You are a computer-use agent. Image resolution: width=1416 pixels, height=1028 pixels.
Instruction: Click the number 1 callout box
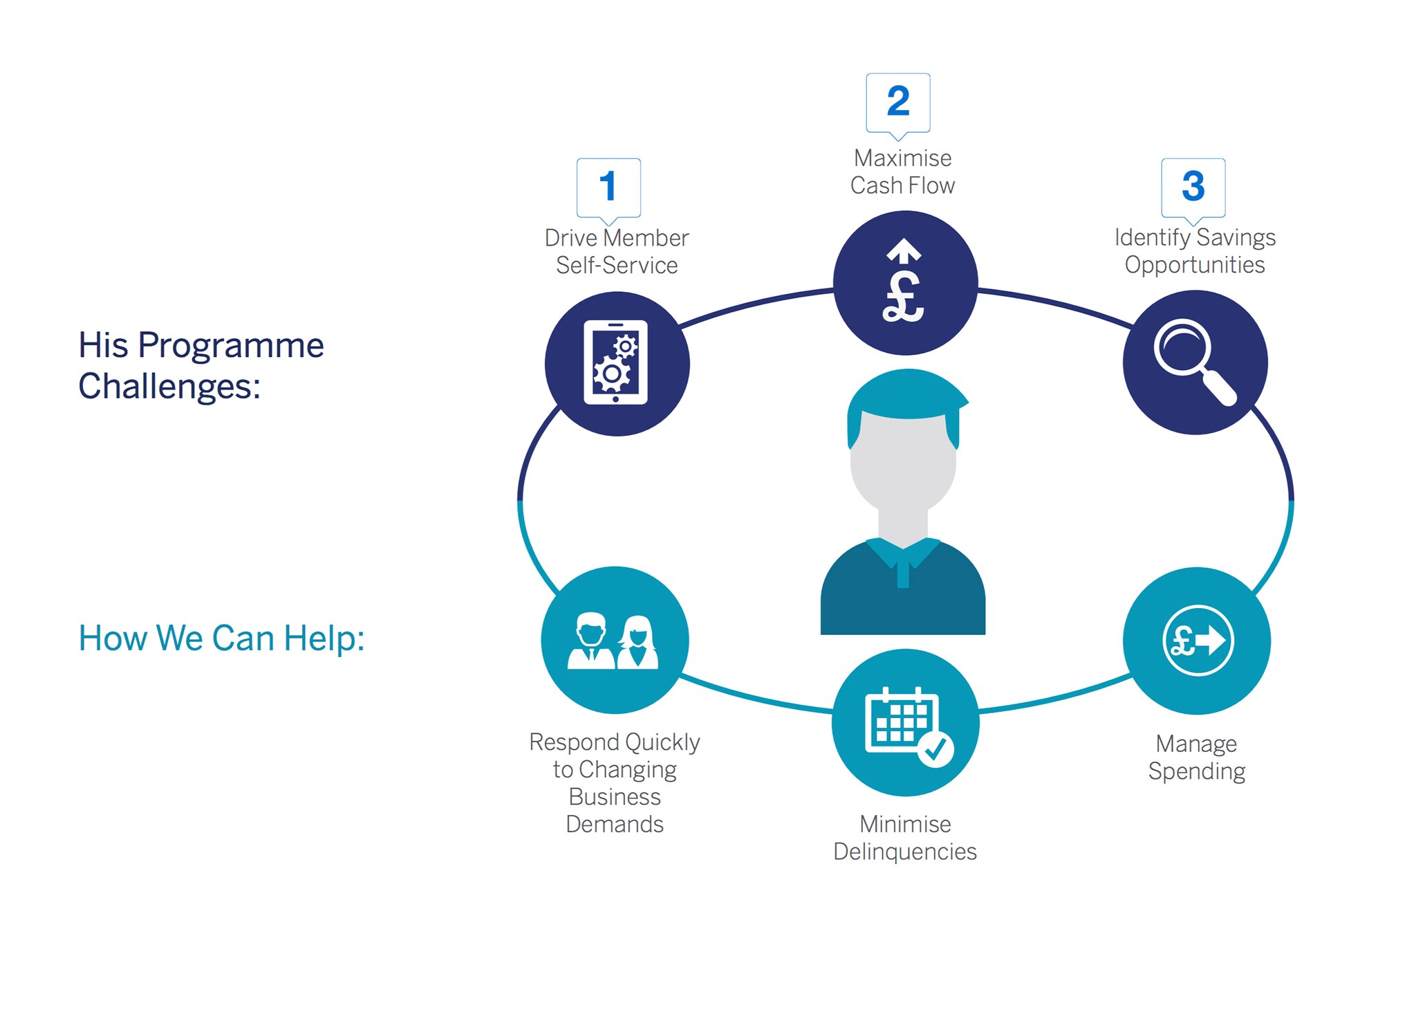[608, 187]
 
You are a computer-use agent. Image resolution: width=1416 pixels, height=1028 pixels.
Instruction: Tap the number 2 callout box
[897, 102]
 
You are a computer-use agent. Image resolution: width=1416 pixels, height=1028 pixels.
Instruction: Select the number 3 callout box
[1193, 187]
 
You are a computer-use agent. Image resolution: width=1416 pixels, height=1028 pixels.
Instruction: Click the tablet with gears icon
[616, 362]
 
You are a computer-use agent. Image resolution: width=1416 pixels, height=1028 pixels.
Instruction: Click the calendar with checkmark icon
[905, 723]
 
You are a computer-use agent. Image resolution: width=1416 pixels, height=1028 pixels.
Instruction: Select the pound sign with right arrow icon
[1197, 640]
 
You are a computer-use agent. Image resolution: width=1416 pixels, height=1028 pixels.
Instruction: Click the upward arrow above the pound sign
[904, 250]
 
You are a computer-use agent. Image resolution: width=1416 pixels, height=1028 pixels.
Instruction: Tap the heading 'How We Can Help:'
[221, 638]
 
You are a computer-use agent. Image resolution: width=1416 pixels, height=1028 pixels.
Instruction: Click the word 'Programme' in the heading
[231, 345]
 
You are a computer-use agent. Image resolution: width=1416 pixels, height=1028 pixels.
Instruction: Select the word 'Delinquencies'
[904, 852]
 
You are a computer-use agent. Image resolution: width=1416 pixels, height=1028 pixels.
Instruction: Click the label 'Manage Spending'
[1196, 757]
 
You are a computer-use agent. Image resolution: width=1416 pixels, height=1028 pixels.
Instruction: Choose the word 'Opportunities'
[1194, 265]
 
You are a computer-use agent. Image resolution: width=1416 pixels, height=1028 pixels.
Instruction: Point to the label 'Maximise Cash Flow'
[902, 172]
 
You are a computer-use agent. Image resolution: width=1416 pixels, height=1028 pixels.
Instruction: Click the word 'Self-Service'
[617, 266]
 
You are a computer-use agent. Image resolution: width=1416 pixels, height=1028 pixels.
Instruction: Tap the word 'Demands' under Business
[614, 824]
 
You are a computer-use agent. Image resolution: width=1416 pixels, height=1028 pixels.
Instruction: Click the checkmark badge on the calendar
[936, 749]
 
